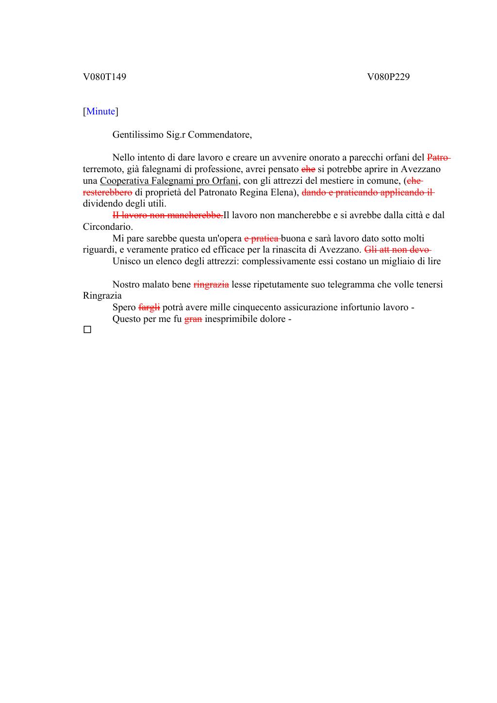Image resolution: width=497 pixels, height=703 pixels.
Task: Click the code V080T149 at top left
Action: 104,77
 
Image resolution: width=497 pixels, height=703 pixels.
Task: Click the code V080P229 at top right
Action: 388,77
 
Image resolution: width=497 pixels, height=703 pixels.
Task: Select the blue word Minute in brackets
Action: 101,112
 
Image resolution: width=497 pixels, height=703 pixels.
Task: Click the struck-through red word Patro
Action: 438,158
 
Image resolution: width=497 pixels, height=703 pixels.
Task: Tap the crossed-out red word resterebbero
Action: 107,192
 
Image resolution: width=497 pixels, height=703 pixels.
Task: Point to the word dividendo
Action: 103,204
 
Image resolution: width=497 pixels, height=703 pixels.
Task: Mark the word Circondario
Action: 108,226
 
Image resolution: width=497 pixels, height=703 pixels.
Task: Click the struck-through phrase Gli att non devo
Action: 398,250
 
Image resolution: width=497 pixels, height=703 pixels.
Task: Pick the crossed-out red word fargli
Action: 149,307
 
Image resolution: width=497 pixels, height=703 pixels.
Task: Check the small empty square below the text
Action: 87,330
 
